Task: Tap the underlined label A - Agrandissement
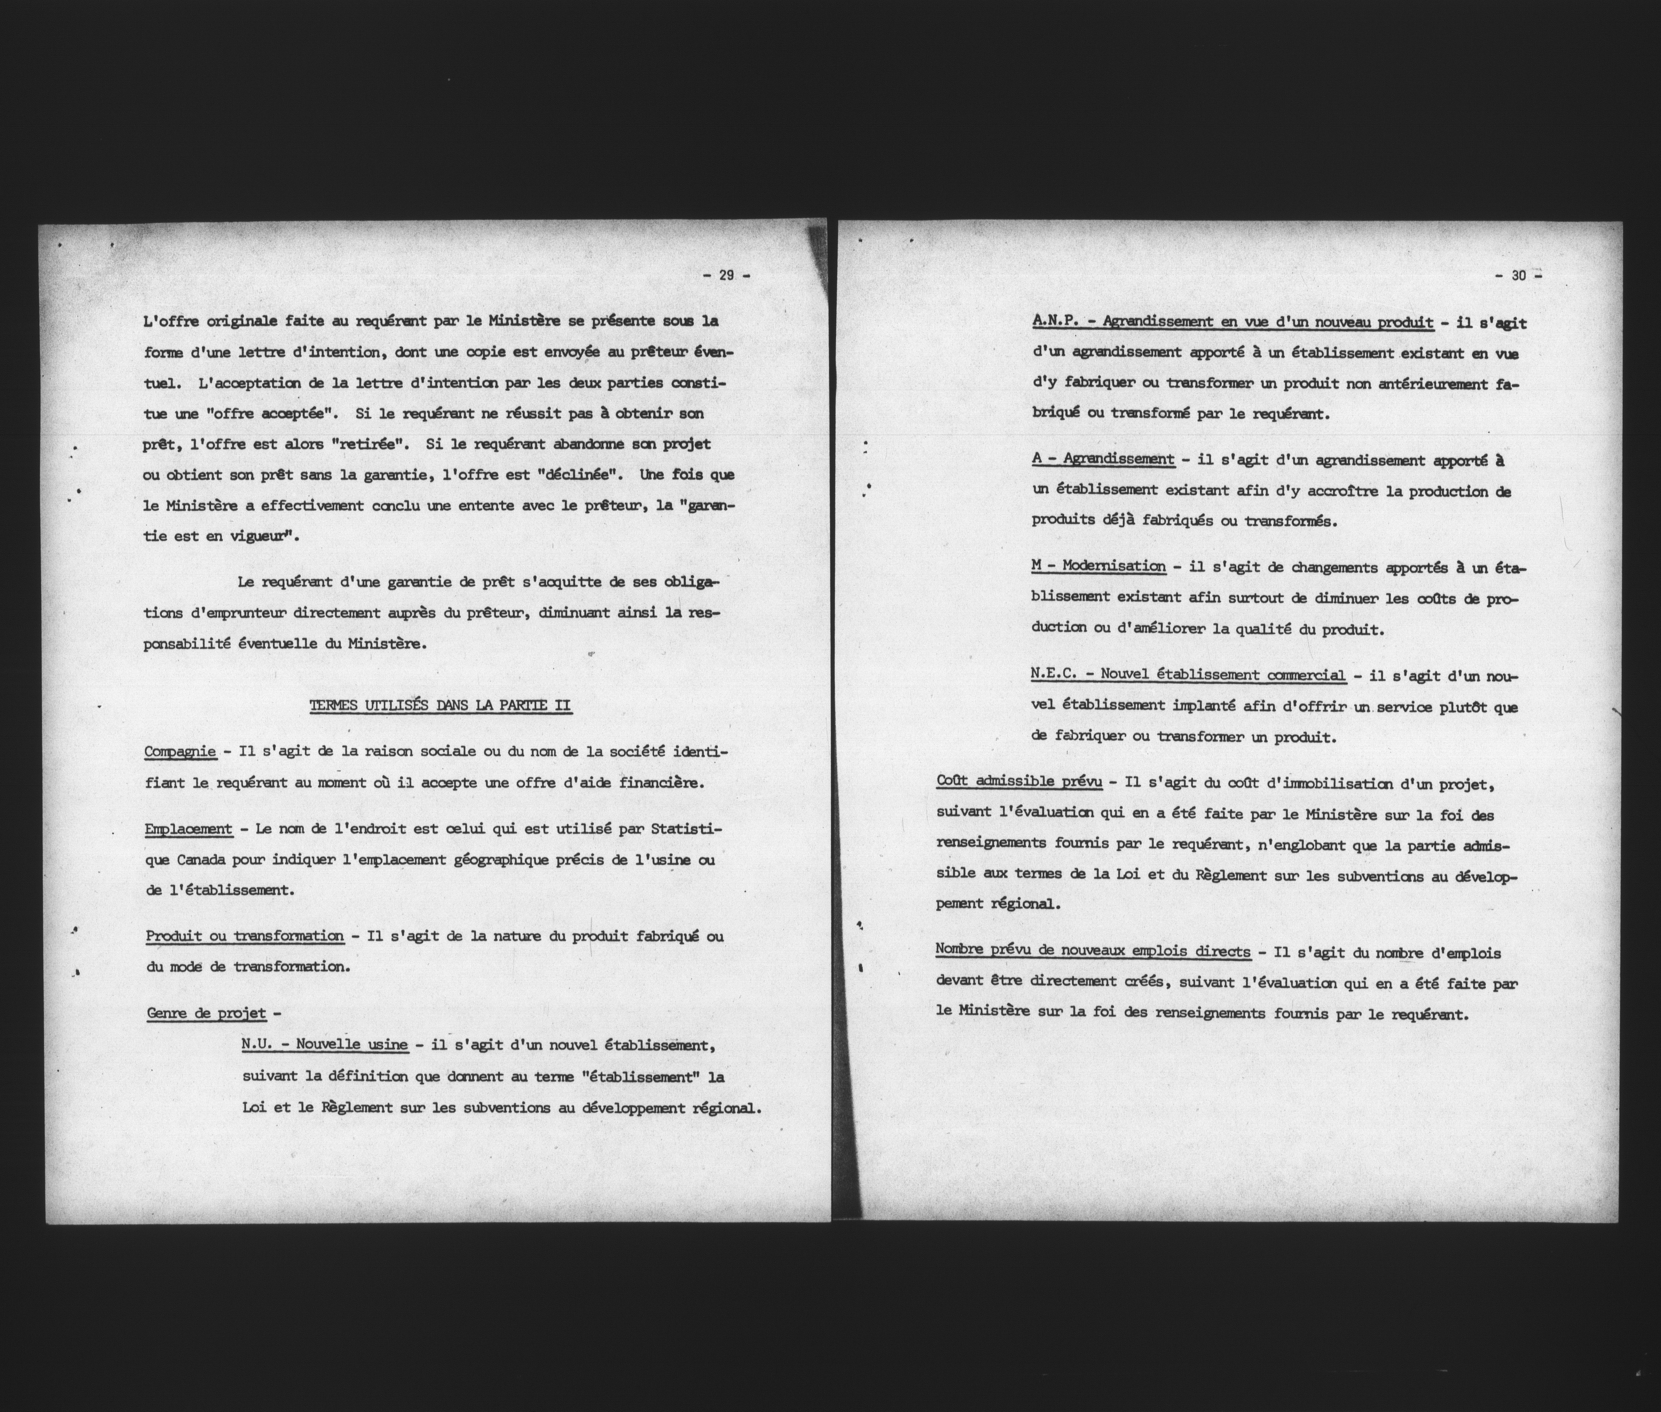click(x=1102, y=459)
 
